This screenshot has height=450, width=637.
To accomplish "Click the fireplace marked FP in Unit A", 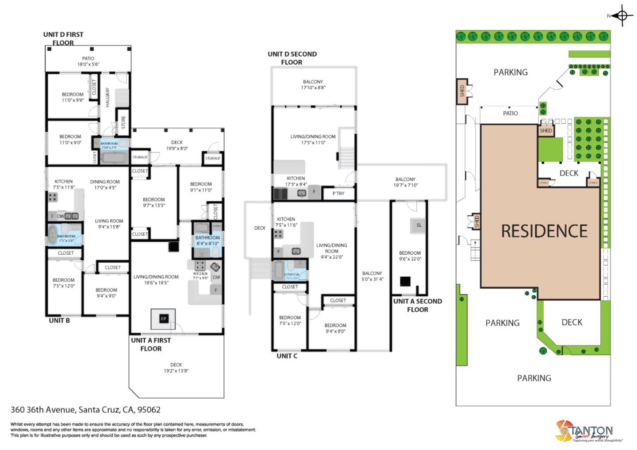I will pos(163,319).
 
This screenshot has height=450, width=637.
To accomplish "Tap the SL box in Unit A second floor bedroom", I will pos(419,225).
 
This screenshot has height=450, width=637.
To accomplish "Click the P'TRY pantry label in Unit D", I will pos(338,193).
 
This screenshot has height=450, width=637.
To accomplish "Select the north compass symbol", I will pos(622,16).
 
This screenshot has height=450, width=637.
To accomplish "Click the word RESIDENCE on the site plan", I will pos(544,231).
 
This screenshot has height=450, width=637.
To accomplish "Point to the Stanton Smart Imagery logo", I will pos(584,431).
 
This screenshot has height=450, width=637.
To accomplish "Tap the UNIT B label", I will pos(59,320).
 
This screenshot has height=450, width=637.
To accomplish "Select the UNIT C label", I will pos(287,356).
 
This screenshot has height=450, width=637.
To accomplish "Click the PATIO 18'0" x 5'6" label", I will pos(88,61).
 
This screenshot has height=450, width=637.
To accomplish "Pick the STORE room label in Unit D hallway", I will pos(123,122).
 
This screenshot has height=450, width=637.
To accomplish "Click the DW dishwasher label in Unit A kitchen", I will pos(216,278).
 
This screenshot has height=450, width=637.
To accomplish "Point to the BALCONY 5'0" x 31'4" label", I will pos(372,276).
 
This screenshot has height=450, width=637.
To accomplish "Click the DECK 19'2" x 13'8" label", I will pos(176,368).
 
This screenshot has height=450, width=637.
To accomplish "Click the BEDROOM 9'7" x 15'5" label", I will pos(154,202).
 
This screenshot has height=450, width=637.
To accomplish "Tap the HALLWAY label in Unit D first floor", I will pos(107,97).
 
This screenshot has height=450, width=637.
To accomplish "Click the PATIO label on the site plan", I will pos(510,113).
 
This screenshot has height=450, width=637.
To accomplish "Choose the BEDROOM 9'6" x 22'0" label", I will pos(410,256).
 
